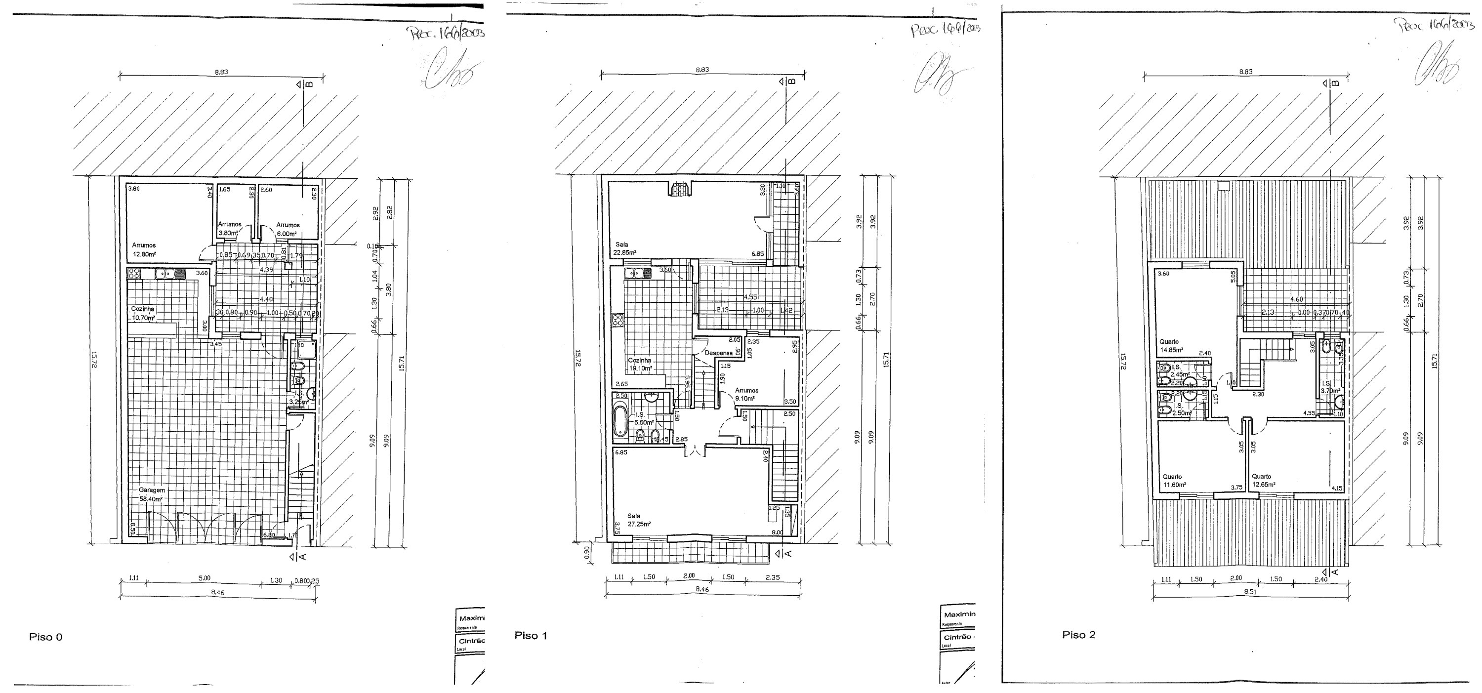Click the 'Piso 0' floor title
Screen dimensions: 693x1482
[x=45, y=637]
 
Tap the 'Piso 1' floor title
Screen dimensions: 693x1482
[x=531, y=636]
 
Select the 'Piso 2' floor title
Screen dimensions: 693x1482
[x=1079, y=635]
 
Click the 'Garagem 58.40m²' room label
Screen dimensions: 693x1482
[x=151, y=494]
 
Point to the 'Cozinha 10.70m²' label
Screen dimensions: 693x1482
[x=143, y=313]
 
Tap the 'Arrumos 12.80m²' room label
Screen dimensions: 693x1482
[x=144, y=249]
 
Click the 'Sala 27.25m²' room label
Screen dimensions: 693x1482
[x=639, y=520]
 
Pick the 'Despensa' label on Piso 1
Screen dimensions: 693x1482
[x=719, y=353]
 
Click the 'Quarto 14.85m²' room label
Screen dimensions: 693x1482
[x=1171, y=346]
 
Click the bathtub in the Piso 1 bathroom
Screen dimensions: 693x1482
[x=620, y=421]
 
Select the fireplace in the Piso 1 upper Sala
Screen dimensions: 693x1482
[x=680, y=189]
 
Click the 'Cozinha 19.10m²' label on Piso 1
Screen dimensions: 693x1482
[x=639, y=364]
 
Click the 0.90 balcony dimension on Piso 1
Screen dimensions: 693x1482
[x=587, y=553]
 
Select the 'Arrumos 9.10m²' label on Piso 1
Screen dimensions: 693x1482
[x=746, y=394]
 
